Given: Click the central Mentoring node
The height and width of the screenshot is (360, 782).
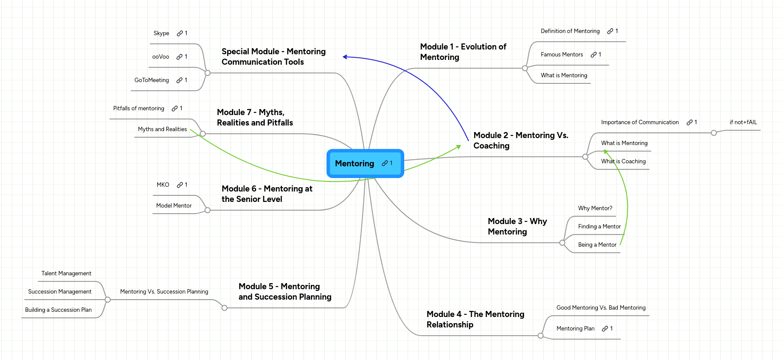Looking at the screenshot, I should pos(355,163).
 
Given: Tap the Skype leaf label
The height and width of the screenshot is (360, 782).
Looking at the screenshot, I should pos(161,33).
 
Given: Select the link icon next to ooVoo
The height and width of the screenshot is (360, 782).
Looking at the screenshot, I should pos(179,57).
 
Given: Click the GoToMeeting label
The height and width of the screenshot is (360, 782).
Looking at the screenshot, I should pos(152,80).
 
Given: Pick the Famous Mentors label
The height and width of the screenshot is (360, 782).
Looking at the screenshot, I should pos(561,55).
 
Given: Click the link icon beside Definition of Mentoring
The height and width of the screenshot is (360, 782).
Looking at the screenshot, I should pos(610,31).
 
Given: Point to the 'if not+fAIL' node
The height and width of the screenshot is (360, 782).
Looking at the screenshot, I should pos(743,122).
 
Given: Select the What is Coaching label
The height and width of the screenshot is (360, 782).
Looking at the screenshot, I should pos(623,162).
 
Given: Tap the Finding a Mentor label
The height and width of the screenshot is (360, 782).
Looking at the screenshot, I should pos(599,227).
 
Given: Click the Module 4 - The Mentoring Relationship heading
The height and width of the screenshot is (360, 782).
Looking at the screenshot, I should pos(475,319).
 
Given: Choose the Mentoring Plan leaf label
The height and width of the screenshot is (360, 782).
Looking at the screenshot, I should pos(575,329).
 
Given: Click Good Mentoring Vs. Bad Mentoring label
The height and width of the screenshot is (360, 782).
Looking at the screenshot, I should pos(601,308).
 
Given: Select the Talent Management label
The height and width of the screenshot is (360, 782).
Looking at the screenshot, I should pos(66,274).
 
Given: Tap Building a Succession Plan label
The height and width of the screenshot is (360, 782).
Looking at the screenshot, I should pos(58,310).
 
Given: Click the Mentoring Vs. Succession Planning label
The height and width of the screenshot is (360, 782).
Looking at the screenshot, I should pos(164,292).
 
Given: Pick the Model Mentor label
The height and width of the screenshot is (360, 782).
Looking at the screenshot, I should pos(174,206).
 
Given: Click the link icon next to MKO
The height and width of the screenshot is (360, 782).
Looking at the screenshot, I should pos(180,185).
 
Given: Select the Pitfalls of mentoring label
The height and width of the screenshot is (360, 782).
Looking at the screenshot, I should pos(139,109).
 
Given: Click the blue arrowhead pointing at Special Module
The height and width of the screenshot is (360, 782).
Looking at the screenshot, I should pos(345,57).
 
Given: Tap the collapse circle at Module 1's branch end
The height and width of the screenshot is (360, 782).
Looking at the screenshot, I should pos(525,68).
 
